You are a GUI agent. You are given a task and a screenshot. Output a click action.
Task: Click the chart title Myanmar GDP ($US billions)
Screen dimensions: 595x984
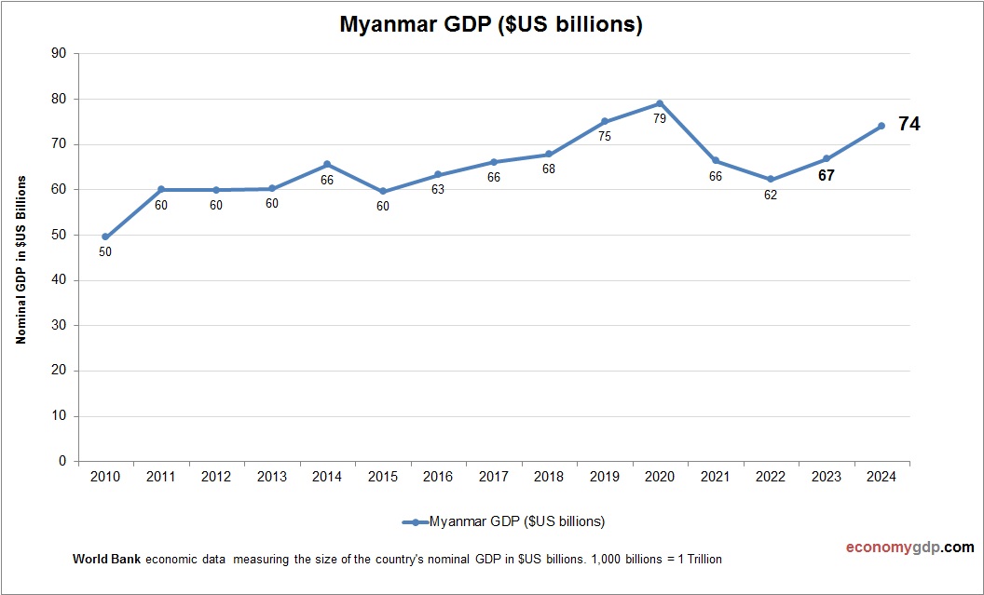click(491, 25)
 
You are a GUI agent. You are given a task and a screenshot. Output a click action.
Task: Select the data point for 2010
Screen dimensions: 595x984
click(105, 237)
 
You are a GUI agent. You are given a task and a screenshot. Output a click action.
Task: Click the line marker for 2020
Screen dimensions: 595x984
click(660, 103)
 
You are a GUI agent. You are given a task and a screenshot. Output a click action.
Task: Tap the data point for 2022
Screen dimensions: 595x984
click(771, 179)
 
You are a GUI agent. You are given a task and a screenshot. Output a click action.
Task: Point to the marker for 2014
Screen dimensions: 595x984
click(327, 164)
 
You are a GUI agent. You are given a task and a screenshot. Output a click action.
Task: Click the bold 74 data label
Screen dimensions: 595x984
click(909, 124)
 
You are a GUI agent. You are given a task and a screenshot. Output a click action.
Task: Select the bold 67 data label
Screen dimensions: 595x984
click(826, 175)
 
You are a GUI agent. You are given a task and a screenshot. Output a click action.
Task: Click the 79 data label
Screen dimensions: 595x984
click(660, 119)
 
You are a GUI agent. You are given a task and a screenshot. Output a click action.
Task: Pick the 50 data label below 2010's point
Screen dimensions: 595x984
click(105, 251)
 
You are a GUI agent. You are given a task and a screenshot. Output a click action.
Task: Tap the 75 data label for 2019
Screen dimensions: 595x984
click(604, 137)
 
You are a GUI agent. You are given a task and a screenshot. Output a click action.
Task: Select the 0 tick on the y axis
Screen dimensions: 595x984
click(62, 461)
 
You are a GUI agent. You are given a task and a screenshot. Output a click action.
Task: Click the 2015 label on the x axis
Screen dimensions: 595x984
click(382, 477)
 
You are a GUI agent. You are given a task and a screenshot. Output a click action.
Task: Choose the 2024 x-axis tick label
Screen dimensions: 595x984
click(881, 477)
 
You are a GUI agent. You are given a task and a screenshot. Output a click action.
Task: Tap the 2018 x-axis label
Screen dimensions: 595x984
click(549, 477)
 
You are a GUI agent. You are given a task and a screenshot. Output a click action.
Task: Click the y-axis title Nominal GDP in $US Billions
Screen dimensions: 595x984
click(20, 260)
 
